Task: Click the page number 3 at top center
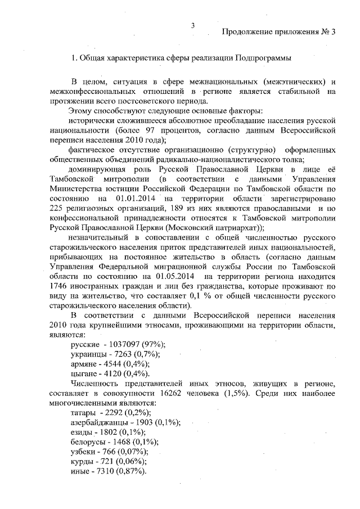192,25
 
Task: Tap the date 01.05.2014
171,277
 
